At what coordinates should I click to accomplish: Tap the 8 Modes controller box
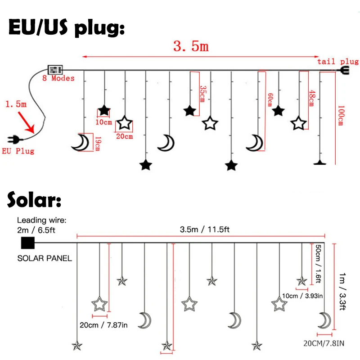click(55, 70)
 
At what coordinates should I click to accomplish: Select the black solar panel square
click(27, 243)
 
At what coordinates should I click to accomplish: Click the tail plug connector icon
click(344, 70)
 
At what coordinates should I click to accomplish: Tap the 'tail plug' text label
click(338, 62)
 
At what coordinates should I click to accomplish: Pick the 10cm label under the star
click(104, 122)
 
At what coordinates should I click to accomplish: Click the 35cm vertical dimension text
click(202, 94)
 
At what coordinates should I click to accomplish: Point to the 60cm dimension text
click(270, 99)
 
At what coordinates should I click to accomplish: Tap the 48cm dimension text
click(310, 98)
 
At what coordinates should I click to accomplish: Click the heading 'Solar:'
click(34, 201)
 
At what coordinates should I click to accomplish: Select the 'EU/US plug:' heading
click(66, 28)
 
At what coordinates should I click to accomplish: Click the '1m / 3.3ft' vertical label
click(343, 290)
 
